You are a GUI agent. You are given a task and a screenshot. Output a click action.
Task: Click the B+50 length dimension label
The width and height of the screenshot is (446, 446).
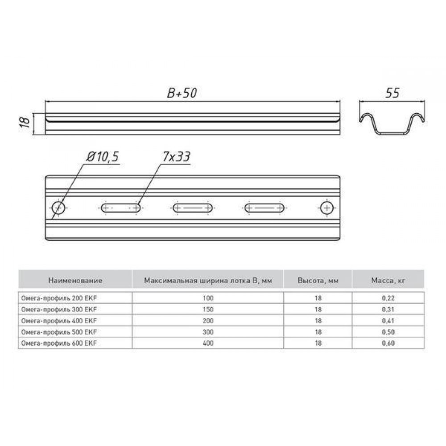click(x=182, y=93)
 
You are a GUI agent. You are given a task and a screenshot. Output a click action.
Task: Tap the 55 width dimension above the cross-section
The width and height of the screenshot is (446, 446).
click(x=392, y=93)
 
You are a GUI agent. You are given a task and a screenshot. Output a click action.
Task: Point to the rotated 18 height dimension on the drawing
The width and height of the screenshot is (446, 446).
click(x=25, y=122)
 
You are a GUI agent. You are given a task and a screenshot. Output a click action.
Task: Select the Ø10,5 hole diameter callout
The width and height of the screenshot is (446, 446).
click(x=103, y=157)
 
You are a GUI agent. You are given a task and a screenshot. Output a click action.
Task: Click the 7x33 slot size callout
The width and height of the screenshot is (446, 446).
click(x=176, y=157)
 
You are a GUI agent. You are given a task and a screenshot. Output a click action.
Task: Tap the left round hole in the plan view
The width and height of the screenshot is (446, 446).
click(x=58, y=208)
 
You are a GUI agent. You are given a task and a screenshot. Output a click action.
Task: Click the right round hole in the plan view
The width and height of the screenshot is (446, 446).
click(x=327, y=208)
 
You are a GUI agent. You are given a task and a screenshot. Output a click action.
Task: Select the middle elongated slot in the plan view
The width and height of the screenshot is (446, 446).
click(x=193, y=208)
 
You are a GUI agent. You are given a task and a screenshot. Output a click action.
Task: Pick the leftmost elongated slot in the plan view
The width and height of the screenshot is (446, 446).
click(x=121, y=208)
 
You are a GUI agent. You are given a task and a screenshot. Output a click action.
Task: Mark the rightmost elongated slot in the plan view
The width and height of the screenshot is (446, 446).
click(x=264, y=208)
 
